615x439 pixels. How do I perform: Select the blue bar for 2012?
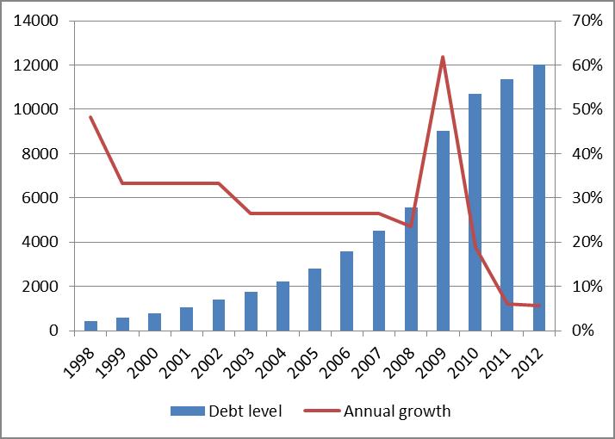tap(539, 198)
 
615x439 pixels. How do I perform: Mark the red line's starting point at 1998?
tap(90, 117)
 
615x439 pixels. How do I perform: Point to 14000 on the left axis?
tap(37, 21)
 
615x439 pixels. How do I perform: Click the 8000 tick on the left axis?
tap(42, 154)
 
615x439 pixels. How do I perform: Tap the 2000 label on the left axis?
tap(42, 287)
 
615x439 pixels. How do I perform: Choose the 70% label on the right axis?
tap(587, 21)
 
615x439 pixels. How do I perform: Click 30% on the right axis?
tap(587, 198)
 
